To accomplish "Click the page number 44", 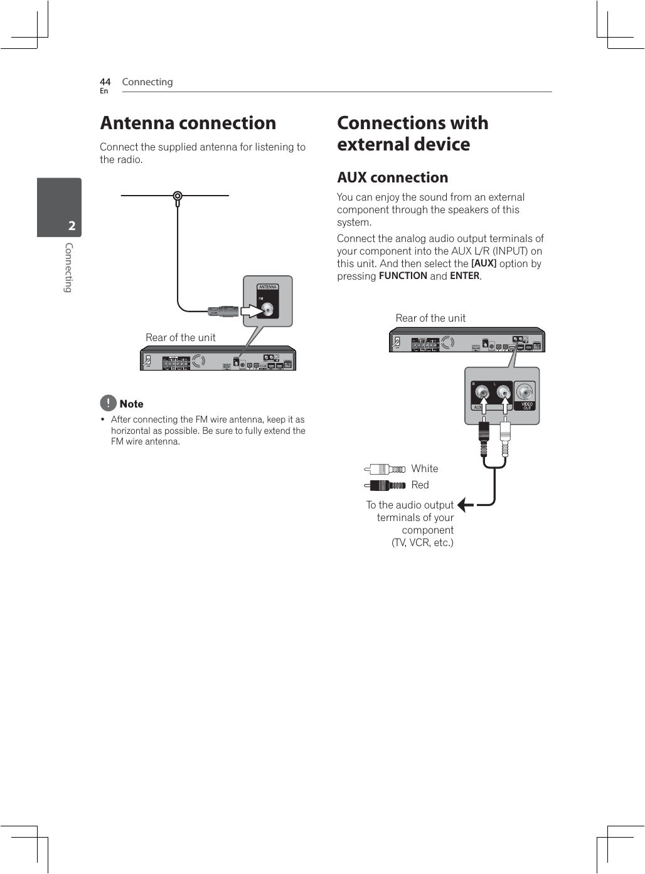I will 105,82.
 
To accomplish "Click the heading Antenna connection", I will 188,123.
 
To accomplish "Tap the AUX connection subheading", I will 392,177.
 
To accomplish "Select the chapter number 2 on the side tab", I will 72,226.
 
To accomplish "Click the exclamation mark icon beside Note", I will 108,403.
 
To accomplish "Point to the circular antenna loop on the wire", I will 178,196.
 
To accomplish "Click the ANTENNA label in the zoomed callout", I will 268,287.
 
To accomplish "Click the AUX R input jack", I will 482,393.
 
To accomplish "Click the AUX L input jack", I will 504,393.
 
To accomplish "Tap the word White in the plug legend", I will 425,469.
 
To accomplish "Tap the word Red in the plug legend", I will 420,485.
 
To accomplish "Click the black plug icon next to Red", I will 385,485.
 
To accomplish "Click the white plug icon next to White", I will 385,469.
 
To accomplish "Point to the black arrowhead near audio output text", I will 464,505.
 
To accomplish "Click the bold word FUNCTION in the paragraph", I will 403,276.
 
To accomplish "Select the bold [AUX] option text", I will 484,264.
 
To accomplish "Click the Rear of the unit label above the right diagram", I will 430,319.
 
